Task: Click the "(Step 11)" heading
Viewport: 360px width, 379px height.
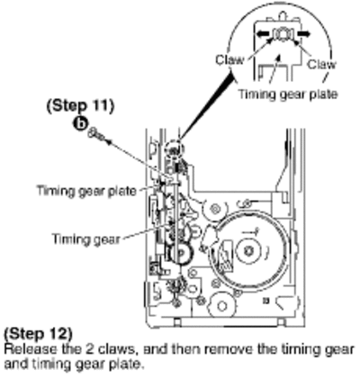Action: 80,105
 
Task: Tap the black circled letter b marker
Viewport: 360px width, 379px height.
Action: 80,124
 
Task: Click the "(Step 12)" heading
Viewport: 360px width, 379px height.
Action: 38,333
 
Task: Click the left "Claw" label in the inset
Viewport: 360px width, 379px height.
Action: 229,60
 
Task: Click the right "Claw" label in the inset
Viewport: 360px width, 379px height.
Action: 321,64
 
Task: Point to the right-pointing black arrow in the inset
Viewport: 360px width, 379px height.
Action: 303,33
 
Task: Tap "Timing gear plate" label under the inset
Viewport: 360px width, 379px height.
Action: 288,95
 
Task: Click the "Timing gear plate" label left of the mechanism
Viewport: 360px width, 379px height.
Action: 86,191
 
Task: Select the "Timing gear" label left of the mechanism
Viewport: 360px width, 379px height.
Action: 86,239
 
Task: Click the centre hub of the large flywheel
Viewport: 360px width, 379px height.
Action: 247,251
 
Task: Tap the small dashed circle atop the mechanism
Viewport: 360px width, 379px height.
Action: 175,149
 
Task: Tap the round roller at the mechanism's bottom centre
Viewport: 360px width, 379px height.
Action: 222,306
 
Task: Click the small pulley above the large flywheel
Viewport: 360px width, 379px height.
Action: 215,209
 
